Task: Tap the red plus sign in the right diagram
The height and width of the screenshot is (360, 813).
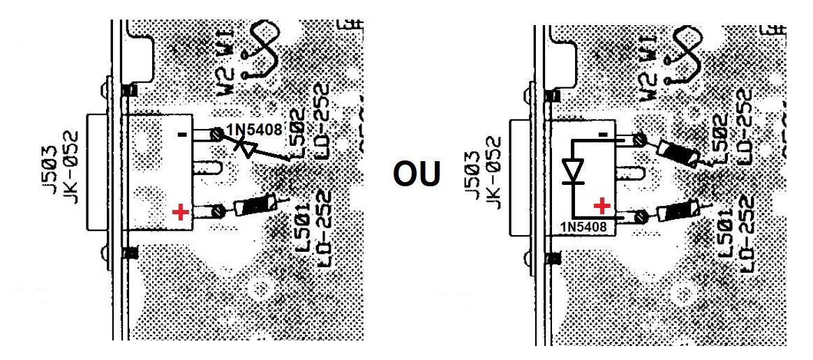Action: tap(602, 206)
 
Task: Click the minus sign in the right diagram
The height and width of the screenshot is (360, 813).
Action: tap(604, 133)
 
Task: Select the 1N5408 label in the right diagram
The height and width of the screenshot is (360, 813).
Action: tap(582, 225)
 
